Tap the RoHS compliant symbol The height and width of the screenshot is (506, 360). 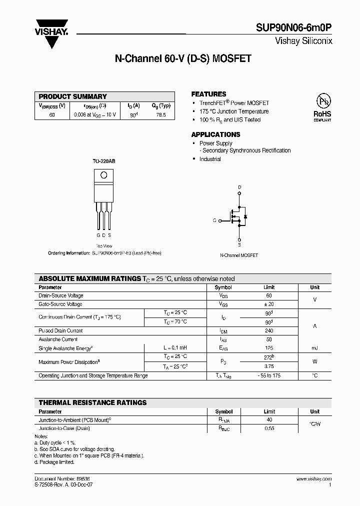322,107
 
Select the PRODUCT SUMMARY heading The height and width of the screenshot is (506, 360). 73,96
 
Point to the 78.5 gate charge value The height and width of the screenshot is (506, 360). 160,114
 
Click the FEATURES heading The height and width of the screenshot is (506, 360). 208,94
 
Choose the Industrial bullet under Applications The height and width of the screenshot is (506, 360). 210,159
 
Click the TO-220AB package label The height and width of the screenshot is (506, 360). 104,161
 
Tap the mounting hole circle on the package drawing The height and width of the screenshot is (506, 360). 104,175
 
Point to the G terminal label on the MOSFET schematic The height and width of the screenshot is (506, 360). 215,220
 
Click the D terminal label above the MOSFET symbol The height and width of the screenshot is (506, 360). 239,187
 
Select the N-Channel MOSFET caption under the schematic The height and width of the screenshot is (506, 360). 239,255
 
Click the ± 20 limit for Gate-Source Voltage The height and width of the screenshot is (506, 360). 269,304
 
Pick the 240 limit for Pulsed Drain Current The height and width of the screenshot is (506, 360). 269,330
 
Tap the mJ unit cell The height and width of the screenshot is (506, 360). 314,348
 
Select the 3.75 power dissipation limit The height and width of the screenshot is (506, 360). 269,365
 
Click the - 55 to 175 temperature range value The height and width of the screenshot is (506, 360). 269,375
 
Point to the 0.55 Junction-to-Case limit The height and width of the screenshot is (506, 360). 269,428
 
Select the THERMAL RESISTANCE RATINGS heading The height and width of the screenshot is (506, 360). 93,402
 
